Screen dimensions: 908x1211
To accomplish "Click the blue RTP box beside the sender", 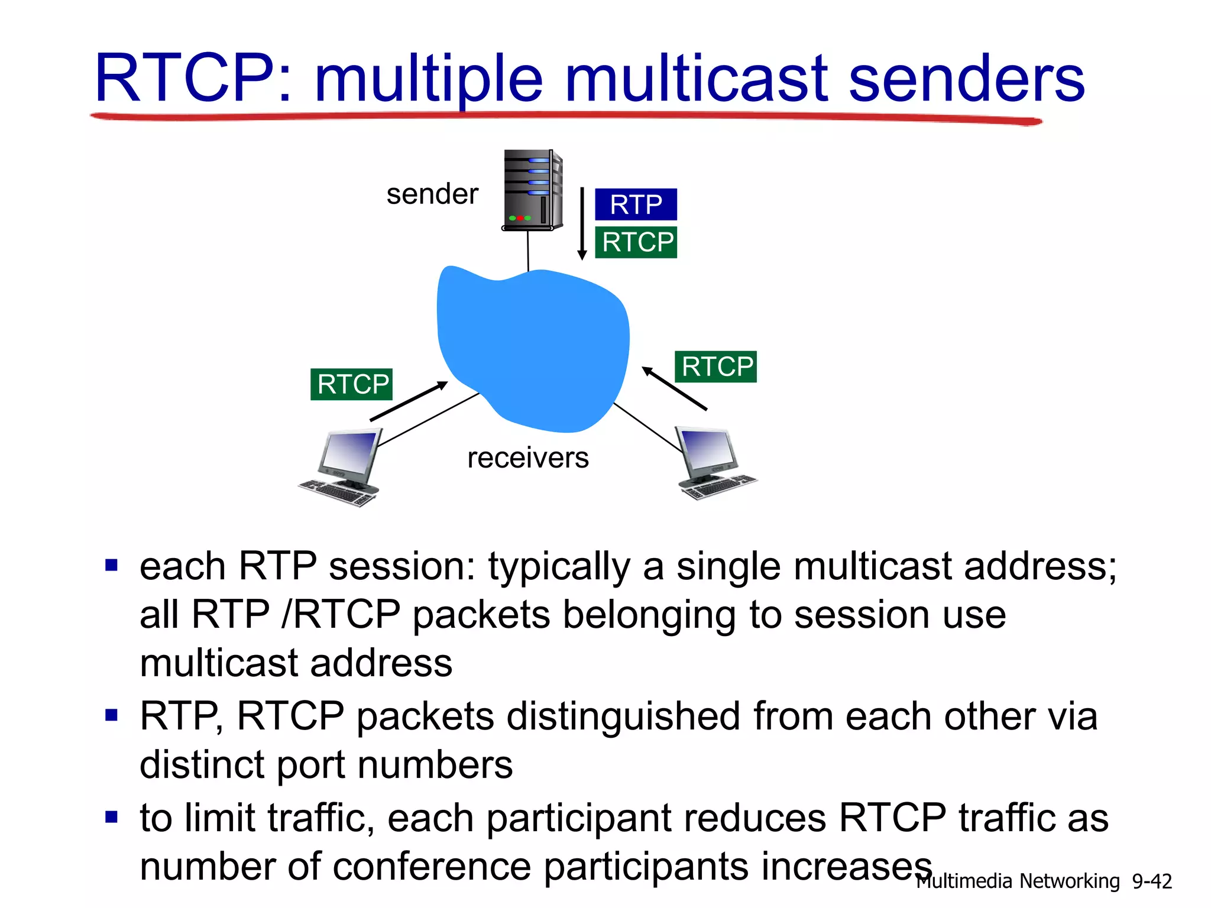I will point(636,205).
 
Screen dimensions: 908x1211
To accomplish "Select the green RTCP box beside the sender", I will point(636,242).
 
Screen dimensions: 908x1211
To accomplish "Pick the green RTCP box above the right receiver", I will point(715,367).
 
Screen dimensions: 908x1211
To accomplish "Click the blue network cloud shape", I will point(532,349).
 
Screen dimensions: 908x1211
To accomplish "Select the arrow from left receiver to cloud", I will point(409,401).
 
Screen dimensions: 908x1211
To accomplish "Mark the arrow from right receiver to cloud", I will point(674,388).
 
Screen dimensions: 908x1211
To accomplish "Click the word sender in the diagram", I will point(432,194).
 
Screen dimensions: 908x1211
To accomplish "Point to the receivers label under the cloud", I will point(527,458).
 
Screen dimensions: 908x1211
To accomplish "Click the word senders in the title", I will point(966,78).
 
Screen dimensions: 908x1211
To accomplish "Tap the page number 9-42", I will point(1151,881).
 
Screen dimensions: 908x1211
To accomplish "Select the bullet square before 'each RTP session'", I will point(111,566).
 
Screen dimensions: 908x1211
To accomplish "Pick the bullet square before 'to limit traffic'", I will point(111,818).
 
